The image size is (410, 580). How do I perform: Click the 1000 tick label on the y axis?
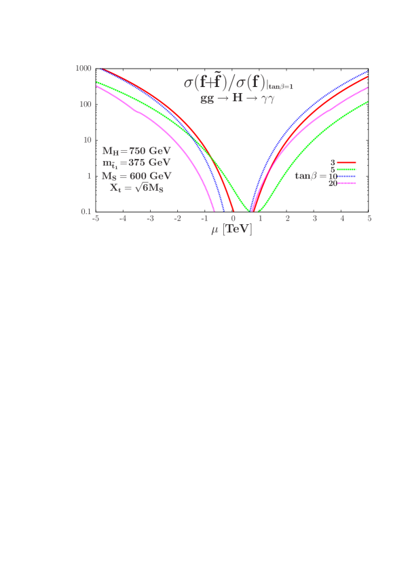tap(83, 69)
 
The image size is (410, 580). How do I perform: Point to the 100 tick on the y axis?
tap(85, 104)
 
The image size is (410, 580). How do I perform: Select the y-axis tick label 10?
tap(87, 140)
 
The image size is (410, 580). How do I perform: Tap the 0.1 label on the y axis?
tap(86, 211)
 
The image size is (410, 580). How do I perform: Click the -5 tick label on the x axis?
tap(96, 219)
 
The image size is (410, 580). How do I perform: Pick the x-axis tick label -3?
tap(150, 219)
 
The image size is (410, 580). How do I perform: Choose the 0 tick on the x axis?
tap(233, 219)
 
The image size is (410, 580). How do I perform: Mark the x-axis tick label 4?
tap(342, 219)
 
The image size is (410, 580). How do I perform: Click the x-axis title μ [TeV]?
tap(231, 230)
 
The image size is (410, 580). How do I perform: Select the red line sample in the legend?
tap(347, 163)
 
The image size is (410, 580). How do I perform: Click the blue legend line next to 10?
tap(347, 177)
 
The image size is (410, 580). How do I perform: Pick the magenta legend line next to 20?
tap(347, 183)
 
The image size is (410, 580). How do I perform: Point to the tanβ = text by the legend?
tap(311, 176)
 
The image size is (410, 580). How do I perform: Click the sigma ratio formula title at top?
tap(238, 83)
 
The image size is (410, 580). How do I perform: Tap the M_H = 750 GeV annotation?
tap(136, 150)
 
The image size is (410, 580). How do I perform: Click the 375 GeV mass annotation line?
tap(136, 163)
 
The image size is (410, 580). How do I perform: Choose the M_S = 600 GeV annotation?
tap(136, 175)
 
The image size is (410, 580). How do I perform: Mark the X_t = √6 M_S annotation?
tap(136, 187)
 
